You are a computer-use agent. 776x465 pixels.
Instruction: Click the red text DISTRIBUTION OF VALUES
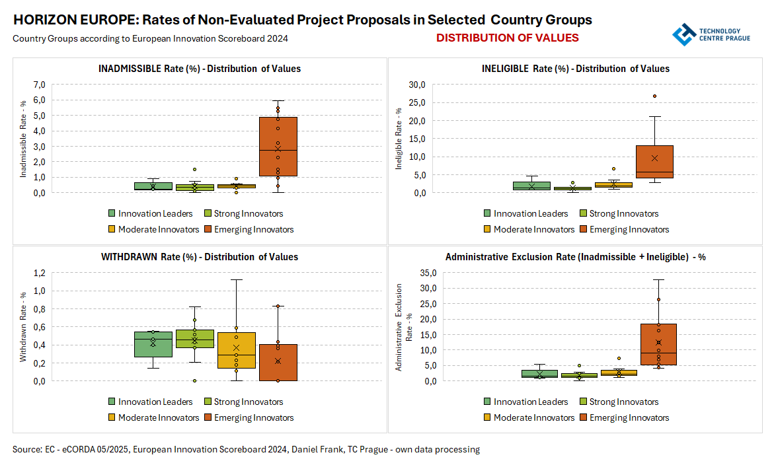(x=507, y=38)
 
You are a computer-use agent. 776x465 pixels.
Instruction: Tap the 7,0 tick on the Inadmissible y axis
(x=37, y=85)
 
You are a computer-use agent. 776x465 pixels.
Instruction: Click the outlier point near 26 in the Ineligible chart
(x=654, y=96)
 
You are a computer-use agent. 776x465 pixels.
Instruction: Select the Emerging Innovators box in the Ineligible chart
(x=654, y=162)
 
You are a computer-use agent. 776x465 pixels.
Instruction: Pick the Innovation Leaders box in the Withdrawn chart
(x=153, y=344)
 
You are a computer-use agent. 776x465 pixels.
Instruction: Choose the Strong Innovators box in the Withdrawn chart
(x=194, y=338)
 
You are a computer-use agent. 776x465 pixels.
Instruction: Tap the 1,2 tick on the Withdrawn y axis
(x=38, y=273)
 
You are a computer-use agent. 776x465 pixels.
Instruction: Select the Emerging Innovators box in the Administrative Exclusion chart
(x=658, y=344)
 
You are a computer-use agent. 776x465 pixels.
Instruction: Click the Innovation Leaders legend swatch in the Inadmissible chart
(x=112, y=213)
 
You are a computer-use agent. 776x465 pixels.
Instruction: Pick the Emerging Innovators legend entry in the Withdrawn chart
(x=249, y=417)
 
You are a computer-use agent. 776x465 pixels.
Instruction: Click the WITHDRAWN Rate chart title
(x=199, y=257)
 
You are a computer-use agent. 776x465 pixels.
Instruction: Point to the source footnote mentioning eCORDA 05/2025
(x=246, y=450)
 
